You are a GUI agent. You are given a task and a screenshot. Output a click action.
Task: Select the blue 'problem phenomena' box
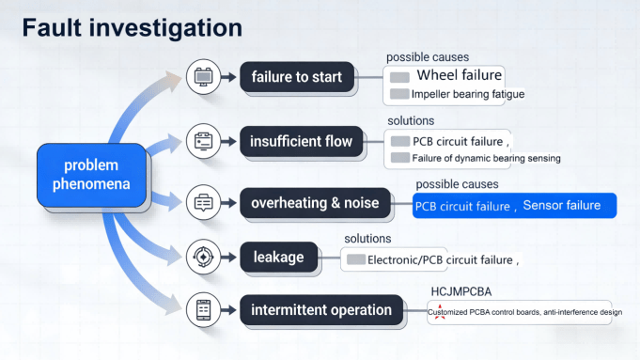click(x=91, y=175)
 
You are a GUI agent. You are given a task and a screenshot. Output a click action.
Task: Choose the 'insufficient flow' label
click(x=302, y=142)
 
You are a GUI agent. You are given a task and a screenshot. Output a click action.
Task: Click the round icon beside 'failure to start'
click(x=203, y=77)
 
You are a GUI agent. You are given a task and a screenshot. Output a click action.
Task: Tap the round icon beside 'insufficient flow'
click(x=203, y=142)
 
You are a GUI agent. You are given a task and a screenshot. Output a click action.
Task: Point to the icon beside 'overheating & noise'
click(x=203, y=203)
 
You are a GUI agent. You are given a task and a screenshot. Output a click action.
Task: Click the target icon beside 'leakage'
click(x=203, y=256)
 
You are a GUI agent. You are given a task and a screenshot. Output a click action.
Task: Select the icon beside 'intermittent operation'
click(x=203, y=310)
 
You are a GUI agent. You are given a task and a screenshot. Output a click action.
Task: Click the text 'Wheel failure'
click(x=459, y=75)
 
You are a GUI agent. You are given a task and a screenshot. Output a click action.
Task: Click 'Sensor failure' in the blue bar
click(x=561, y=205)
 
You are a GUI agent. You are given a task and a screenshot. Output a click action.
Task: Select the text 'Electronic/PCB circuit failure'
click(x=439, y=258)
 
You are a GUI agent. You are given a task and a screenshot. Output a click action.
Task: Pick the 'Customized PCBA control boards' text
click(x=483, y=312)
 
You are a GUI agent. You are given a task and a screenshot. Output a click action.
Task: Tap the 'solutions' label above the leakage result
click(x=367, y=239)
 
